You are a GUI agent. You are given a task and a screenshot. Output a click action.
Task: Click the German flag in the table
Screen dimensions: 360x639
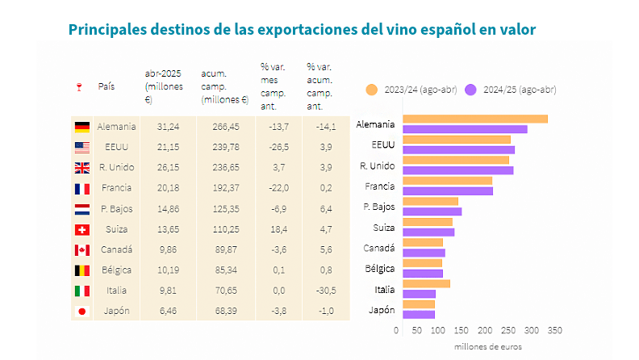click(x=81, y=127)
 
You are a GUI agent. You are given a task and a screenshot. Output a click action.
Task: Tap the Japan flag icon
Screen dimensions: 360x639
click(x=81, y=310)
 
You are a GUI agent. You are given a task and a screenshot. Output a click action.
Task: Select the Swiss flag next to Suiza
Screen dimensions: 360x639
click(x=81, y=229)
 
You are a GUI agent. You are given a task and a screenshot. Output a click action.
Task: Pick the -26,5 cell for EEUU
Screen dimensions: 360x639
click(x=277, y=147)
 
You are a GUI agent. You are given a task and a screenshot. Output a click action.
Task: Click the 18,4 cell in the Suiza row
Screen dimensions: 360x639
click(x=277, y=229)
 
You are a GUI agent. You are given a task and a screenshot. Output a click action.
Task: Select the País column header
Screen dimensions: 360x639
click(x=106, y=86)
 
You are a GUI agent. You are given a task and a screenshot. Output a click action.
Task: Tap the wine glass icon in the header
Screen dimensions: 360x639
click(x=78, y=86)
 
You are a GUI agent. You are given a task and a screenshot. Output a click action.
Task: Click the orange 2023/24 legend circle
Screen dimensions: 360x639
click(x=372, y=90)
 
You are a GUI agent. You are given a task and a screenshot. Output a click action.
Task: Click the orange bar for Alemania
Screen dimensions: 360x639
click(x=475, y=119)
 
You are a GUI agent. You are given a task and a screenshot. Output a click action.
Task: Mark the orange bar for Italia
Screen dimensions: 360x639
click(x=426, y=283)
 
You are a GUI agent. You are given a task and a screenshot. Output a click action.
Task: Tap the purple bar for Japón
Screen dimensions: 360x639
click(x=419, y=314)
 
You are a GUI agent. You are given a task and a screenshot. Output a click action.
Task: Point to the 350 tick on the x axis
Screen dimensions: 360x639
click(x=553, y=330)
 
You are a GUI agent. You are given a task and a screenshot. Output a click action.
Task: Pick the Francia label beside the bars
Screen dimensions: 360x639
click(x=379, y=186)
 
